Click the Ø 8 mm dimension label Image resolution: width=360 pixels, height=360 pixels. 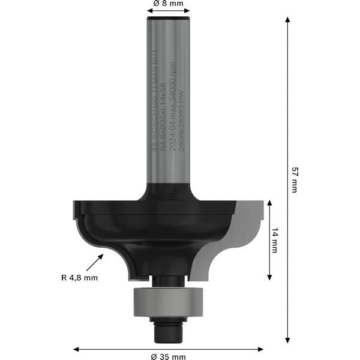(x=168, y=4)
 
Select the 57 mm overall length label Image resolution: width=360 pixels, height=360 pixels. (x=294, y=179)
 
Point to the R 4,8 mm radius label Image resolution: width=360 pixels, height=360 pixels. (x=79, y=277)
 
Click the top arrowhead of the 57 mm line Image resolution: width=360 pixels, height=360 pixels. (x=287, y=20)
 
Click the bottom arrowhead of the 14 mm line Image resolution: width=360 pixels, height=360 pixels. (x=269, y=277)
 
